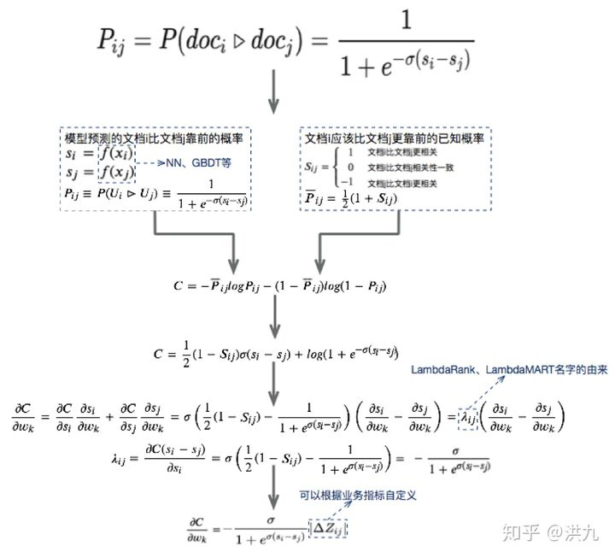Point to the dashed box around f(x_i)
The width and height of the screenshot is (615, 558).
[114, 155]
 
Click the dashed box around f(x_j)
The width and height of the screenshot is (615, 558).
[114, 173]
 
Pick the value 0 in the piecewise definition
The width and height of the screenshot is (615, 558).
[350, 167]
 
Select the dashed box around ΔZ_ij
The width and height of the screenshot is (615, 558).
[328, 529]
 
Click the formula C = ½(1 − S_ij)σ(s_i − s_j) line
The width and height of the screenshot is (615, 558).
[276, 352]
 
